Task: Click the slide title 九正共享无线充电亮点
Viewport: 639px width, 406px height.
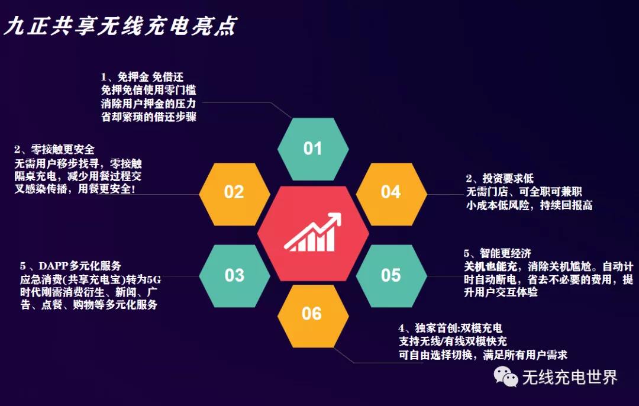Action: pos(120,27)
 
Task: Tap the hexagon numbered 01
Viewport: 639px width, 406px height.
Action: pos(313,149)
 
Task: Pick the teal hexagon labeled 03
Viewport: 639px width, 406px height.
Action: pos(234,276)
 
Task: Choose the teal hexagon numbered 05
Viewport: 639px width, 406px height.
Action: pos(391,276)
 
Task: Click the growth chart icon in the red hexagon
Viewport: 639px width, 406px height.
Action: pos(313,232)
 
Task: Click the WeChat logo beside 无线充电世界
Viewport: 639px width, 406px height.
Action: pos(506,376)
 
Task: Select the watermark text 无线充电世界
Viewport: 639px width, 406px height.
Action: pos(570,378)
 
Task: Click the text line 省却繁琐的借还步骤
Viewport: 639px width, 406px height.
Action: pos(149,117)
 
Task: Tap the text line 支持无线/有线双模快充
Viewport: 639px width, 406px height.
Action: pos(453,341)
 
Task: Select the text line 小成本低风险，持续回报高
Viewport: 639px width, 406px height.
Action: pos(530,205)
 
